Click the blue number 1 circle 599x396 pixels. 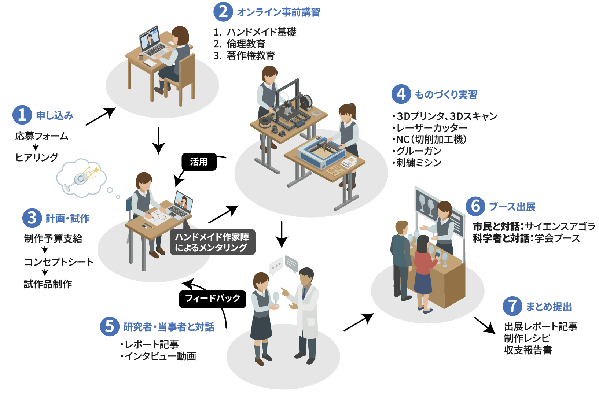(22, 115)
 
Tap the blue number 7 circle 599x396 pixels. (512, 306)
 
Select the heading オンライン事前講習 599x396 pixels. (278, 12)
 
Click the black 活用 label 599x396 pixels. (199, 162)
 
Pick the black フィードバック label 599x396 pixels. (213, 299)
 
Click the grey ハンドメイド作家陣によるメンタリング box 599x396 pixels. (212, 242)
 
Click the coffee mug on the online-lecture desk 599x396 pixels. (141, 57)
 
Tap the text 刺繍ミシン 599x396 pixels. (419, 163)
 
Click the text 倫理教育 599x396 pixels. (246, 44)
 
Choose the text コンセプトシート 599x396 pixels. (59, 262)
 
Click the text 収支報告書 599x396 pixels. (528, 350)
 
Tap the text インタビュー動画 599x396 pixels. (160, 356)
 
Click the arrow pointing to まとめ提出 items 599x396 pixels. (485, 325)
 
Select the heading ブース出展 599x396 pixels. (512, 207)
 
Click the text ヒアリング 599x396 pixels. (37, 158)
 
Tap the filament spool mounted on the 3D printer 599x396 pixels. (306, 103)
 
